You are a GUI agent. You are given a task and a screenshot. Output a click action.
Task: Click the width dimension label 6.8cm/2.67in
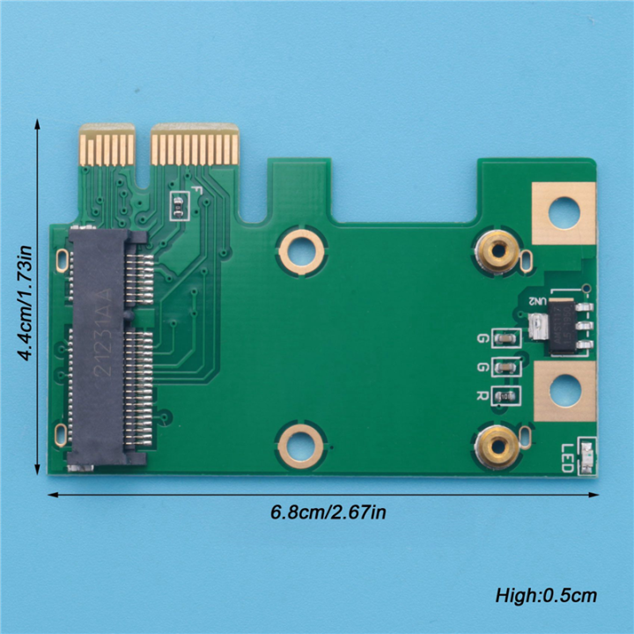point(328,512)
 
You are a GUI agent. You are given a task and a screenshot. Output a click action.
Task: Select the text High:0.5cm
point(546,596)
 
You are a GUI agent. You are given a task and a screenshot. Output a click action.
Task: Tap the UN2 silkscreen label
point(537,301)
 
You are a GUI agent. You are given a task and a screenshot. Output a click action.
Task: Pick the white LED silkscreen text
point(567,457)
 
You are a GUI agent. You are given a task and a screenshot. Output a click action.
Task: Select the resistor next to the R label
point(505,396)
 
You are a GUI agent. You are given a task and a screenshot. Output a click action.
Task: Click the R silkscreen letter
point(483,396)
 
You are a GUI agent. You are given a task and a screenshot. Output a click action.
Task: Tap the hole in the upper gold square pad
point(564,213)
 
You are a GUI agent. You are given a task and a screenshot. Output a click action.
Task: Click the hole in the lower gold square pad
point(564,390)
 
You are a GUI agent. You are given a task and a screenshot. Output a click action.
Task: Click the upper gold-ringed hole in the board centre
point(301,249)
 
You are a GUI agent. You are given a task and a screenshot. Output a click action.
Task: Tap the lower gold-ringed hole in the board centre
point(301,443)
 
